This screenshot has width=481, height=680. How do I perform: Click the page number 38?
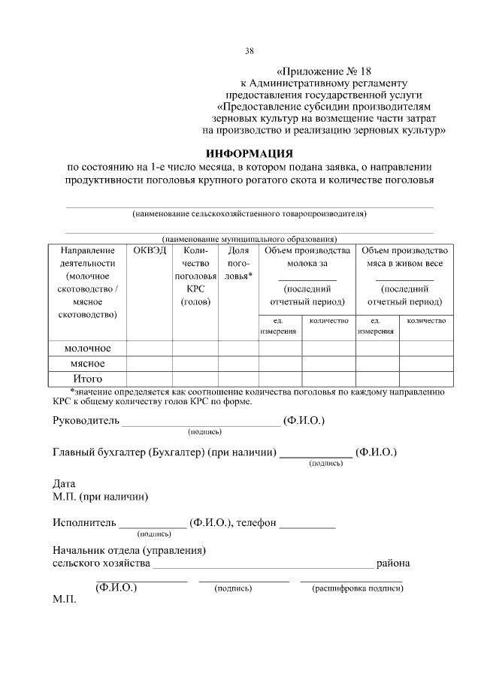point(250,51)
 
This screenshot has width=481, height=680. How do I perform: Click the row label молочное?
point(87,348)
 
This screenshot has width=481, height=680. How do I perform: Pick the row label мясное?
point(87,363)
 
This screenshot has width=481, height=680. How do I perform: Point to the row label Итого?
point(87,378)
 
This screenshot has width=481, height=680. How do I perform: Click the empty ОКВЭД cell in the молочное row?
point(150,348)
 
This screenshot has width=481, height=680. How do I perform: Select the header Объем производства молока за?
point(307,257)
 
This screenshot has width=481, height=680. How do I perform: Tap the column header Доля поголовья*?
point(239,263)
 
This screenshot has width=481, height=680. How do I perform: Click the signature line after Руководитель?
point(201,425)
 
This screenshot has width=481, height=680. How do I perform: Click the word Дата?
point(65,483)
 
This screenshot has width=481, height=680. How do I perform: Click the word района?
point(393,563)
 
